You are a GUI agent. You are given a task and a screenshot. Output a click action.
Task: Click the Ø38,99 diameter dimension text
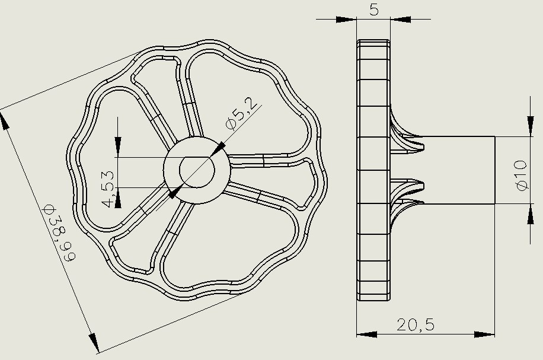pyautogui.click(x=59, y=233)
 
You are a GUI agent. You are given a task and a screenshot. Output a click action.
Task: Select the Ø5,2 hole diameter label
pyautogui.click(x=242, y=113)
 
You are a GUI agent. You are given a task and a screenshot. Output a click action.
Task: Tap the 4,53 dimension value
pyautogui.click(x=108, y=189)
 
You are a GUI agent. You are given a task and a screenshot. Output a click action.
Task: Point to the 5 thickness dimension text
pyautogui.click(x=373, y=9)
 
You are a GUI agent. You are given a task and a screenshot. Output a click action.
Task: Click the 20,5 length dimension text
pyautogui.click(x=415, y=325)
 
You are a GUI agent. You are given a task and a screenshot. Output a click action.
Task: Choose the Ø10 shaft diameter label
pyautogui.click(x=522, y=176)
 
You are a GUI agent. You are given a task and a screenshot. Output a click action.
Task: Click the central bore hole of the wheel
pyautogui.click(x=197, y=170)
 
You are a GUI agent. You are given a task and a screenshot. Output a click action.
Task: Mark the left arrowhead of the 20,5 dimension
pyautogui.click(x=367, y=334)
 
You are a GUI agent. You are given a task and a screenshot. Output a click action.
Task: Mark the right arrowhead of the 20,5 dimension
pyautogui.click(x=484, y=334)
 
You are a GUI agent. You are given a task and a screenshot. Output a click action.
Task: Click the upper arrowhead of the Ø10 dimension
pyautogui.click(x=530, y=126)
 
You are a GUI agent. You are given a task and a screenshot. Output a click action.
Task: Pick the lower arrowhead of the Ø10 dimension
pyautogui.click(x=530, y=214)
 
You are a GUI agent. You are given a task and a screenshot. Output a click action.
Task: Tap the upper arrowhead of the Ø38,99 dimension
pyautogui.click(x=5, y=120)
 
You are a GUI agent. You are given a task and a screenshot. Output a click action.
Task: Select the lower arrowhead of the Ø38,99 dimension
pyautogui.click(x=94, y=342)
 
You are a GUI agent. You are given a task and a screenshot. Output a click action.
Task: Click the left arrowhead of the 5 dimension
pyautogui.click(x=346, y=20)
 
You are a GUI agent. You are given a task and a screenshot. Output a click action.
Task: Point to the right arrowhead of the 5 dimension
pyautogui.click(x=400, y=20)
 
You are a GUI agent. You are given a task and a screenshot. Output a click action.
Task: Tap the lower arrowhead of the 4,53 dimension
pyautogui.click(x=118, y=198)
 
